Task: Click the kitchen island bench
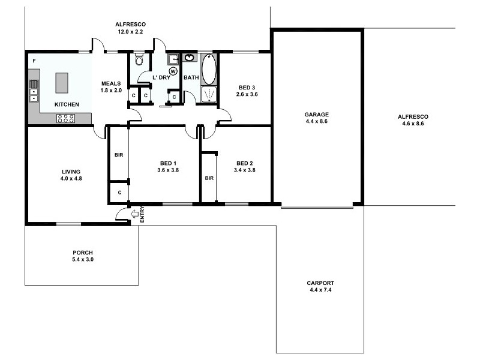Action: click(62, 83)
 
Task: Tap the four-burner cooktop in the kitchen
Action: click(65, 118)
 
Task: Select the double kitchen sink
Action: click(34, 91)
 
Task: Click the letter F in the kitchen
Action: click(34, 61)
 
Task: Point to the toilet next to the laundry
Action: click(139, 61)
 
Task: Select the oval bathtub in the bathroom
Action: click(208, 70)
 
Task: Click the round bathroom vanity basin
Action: click(189, 58)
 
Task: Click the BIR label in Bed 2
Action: click(209, 178)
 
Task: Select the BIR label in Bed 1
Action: click(118, 155)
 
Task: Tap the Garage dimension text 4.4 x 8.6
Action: click(316, 121)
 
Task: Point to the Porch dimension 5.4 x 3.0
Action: click(82, 260)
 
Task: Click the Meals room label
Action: click(111, 83)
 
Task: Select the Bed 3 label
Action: click(246, 88)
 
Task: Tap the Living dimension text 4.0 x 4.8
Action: click(70, 178)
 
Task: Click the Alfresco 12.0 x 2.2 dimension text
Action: click(130, 32)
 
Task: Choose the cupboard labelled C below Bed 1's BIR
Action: click(119, 193)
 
